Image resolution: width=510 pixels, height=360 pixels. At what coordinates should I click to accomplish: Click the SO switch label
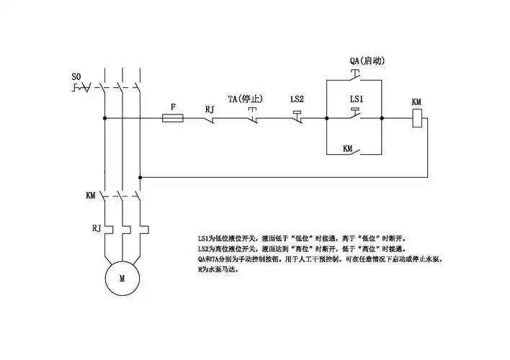click(x=77, y=76)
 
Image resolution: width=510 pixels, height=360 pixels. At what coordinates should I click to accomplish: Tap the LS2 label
click(x=297, y=98)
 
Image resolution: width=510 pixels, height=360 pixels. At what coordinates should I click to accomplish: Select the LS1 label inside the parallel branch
click(x=356, y=98)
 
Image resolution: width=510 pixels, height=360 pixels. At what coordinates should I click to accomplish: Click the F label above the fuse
click(x=172, y=106)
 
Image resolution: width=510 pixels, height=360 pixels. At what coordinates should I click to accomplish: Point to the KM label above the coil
click(x=416, y=103)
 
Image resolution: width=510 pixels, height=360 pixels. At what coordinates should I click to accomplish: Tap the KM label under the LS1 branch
click(x=348, y=148)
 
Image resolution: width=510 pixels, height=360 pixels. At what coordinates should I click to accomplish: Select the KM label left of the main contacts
click(x=91, y=195)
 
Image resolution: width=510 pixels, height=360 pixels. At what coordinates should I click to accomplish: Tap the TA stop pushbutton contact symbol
click(x=253, y=115)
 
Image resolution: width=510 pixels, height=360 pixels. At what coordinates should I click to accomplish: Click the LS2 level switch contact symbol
click(x=299, y=115)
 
